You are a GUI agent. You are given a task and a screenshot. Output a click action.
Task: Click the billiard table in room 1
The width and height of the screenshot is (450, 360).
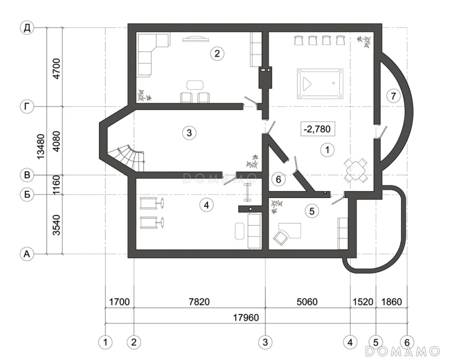(320, 84)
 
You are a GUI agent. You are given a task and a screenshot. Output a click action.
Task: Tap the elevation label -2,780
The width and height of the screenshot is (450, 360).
(317, 129)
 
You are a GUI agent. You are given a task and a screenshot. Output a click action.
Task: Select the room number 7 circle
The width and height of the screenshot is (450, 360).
(393, 96)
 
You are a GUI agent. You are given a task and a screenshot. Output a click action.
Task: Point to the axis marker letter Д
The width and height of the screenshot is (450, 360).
(26, 28)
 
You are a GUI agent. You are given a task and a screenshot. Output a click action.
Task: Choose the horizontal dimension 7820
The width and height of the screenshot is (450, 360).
(199, 301)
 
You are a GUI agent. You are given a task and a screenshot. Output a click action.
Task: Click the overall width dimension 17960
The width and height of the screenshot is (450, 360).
(246, 317)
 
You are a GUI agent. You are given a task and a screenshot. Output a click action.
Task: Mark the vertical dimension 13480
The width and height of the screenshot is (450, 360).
(40, 146)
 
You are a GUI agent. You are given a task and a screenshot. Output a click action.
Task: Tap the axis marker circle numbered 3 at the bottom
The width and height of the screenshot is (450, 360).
(265, 342)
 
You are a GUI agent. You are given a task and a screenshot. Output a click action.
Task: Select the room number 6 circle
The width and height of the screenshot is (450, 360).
(278, 179)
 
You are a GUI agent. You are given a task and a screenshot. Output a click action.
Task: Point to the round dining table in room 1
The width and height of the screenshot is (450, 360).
(356, 170)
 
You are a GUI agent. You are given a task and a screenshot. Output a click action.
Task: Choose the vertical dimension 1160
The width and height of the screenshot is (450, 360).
(57, 185)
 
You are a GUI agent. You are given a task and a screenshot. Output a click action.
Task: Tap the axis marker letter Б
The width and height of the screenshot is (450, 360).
(26, 195)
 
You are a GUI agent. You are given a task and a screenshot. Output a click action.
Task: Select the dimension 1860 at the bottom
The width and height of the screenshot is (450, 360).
(391, 301)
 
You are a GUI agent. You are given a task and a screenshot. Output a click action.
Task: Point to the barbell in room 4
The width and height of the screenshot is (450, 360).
(246, 192)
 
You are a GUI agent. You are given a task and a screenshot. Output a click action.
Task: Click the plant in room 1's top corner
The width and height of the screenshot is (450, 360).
(364, 41)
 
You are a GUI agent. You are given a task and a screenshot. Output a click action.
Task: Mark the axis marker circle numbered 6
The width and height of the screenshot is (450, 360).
(407, 342)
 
